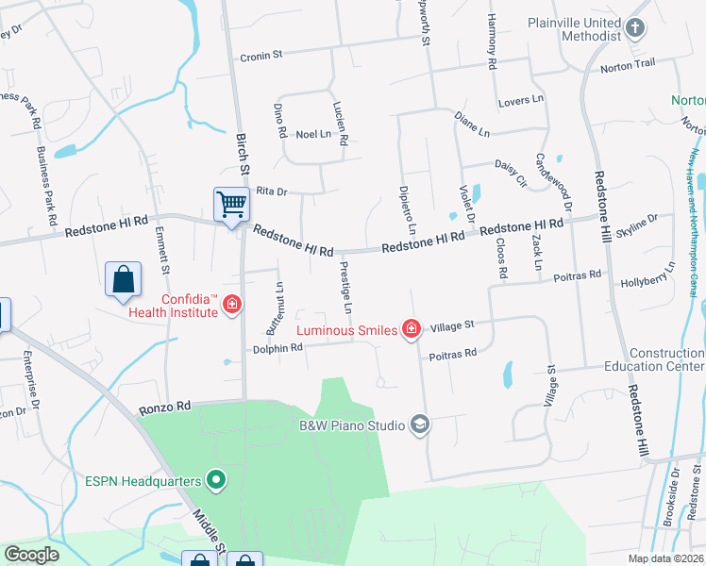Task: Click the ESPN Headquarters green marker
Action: [217, 481]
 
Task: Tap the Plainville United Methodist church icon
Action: [635, 27]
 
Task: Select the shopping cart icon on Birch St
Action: [231, 203]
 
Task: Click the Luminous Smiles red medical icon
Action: [412, 329]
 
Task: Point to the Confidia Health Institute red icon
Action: [232, 306]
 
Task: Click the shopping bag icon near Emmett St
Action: [124, 279]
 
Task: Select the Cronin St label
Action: [261, 56]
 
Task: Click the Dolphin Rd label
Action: [277, 348]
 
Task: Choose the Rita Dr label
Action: [271, 191]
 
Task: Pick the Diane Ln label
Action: [473, 121]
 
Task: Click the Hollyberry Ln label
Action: [648, 279]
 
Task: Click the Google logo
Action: [31, 555]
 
